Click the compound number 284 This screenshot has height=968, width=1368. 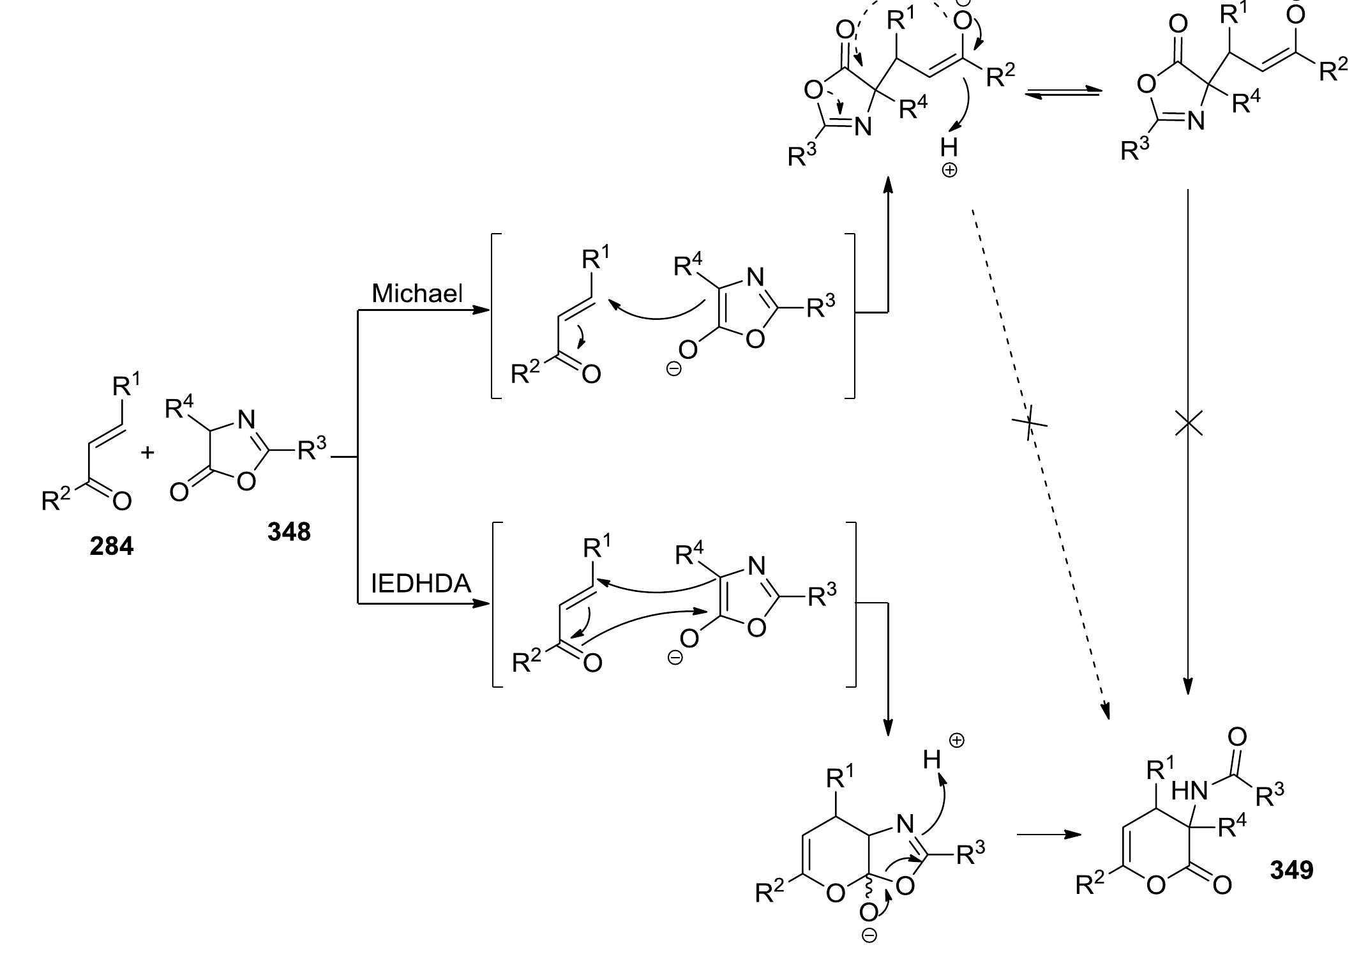(x=112, y=547)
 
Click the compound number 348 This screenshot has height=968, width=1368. (x=289, y=531)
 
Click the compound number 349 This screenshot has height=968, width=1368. (x=1291, y=870)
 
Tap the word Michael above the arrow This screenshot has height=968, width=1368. (x=417, y=293)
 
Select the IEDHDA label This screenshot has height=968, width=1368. (x=421, y=584)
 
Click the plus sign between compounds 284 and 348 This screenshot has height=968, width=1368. (x=148, y=453)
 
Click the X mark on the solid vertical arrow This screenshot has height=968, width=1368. (x=1188, y=423)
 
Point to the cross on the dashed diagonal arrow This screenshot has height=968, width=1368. (x=1029, y=423)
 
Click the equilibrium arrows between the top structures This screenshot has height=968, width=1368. (x=1063, y=94)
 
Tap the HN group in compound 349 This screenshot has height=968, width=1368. (x=1189, y=792)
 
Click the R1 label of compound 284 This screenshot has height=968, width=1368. (x=126, y=386)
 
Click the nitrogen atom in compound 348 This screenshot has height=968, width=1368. (x=246, y=420)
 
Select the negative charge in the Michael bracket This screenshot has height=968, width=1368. (x=673, y=368)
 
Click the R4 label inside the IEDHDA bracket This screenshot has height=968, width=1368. (x=689, y=554)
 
